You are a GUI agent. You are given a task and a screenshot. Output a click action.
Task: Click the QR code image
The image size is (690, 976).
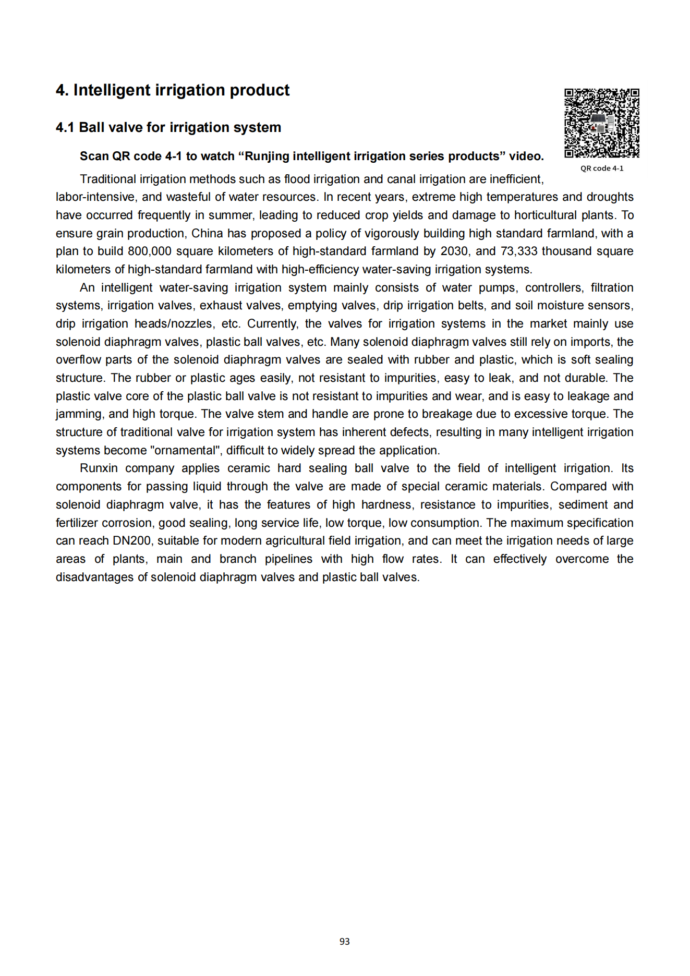(602, 123)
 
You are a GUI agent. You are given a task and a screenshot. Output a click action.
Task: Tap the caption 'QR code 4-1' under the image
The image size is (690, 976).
(602, 168)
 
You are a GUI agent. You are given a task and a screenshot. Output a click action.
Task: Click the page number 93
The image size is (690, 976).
(344, 942)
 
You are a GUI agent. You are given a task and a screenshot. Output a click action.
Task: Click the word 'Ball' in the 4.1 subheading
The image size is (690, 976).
(91, 127)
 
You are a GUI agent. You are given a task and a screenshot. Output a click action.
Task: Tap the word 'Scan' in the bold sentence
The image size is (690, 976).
(94, 156)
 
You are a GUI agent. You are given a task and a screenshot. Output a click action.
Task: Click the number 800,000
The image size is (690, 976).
(149, 251)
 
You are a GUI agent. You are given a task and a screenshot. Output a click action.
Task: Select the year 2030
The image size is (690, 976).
(454, 251)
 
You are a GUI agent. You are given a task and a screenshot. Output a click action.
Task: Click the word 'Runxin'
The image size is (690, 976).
(99, 468)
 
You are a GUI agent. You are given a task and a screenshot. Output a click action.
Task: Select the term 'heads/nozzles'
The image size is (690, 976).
(174, 324)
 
